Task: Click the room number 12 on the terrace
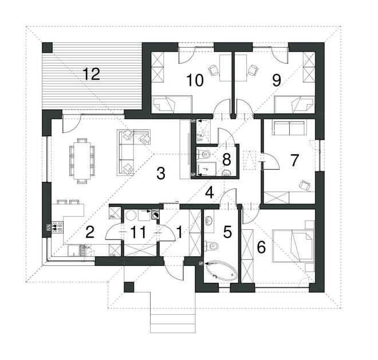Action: (x=91, y=74)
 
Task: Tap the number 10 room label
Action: (x=195, y=80)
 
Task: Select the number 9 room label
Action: (x=277, y=80)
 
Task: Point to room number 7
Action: (x=294, y=160)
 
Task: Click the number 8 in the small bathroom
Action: (x=226, y=159)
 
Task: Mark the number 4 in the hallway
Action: (x=210, y=193)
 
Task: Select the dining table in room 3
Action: (x=81, y=157)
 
